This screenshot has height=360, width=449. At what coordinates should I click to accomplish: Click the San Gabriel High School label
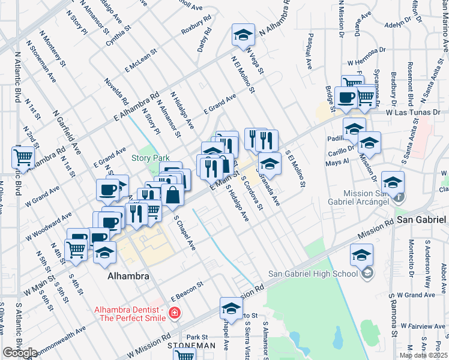click(x=313, y=274)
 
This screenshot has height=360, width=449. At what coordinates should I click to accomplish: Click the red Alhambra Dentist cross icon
click(x=174, y=313)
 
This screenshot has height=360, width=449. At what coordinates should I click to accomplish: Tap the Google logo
click(x=20, y=353)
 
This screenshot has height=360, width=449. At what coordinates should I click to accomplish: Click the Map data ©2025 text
click(x=423, y=355)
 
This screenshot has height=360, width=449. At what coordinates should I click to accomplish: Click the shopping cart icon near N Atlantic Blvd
click(x=23, y=158)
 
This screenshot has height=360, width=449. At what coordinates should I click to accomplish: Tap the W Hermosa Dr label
click(x=369, y=62)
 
